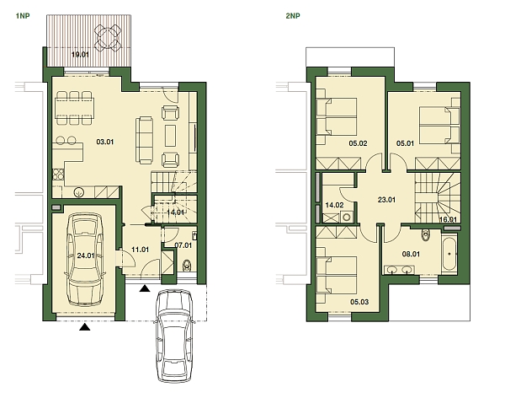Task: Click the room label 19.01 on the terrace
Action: (80, 55)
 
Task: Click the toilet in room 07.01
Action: (187, 267)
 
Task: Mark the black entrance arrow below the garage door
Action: (83, 328)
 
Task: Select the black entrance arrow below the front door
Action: (146, 289)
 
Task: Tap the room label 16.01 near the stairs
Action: (448, 219)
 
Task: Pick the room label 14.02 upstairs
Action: (334, 205)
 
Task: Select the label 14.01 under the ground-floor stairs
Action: (176, 212)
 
